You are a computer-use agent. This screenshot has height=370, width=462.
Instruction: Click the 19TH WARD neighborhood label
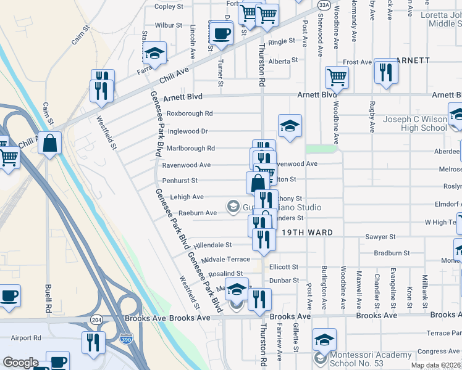pos(307,232)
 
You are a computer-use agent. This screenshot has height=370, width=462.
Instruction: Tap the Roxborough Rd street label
pos(190,113)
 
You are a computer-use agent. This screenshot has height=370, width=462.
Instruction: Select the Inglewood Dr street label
pos(187,131)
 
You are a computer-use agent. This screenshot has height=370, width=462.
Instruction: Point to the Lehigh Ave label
pos(183,197)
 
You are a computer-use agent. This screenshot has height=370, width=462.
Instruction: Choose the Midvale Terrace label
pos(225,260)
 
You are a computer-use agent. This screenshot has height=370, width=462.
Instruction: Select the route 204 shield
pos(96,321)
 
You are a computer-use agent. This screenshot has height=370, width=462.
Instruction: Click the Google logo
pos(20,363)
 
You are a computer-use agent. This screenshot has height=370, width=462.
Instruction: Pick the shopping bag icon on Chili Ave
pos(49,142)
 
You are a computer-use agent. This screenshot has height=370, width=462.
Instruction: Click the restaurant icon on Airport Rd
pos(93,342)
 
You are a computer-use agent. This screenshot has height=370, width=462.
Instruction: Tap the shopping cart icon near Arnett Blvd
pos(337,77)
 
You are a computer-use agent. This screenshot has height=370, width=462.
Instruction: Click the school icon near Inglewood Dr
pos(290,126)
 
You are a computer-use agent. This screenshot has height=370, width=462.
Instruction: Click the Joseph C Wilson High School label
pos(415,123)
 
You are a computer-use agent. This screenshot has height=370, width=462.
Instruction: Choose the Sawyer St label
pos(380,237)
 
